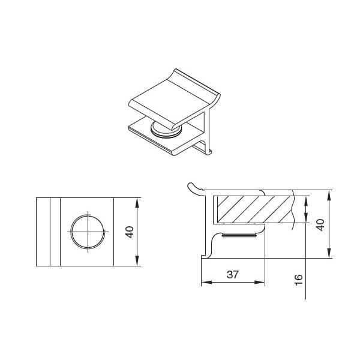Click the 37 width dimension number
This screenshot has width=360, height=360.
(x=233, y=275)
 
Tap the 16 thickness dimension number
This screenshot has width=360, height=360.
(x=298, y=280)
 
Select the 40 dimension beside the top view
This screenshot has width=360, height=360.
(x=129, y=232)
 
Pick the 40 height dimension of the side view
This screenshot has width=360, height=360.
(x=320, y=225)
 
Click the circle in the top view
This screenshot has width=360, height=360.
(x=88, y=232)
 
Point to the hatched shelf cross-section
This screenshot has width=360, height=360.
(x=255, y=209)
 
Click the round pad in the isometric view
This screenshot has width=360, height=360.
(x=166, y=131)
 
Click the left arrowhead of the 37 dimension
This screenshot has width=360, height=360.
(x=206, y=282)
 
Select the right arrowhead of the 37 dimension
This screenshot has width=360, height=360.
(x=260, y=282)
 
